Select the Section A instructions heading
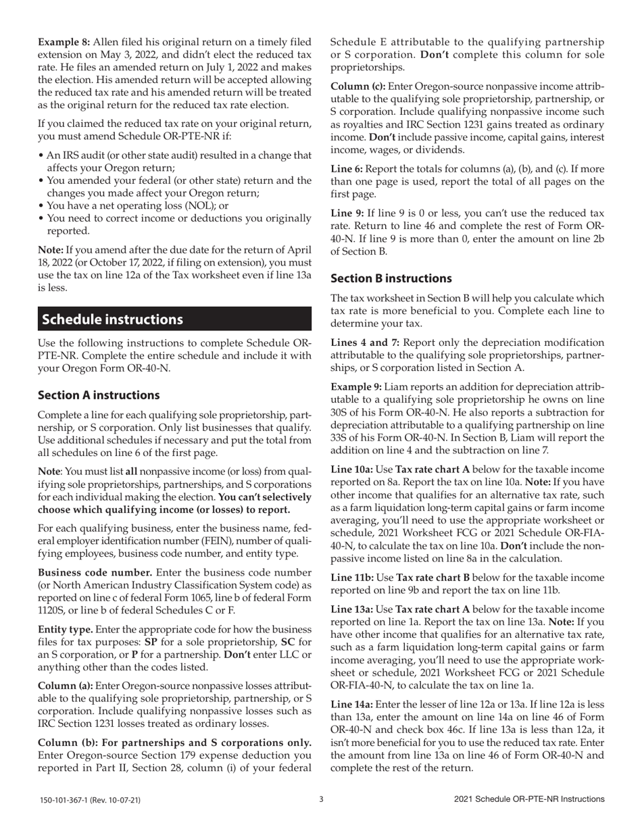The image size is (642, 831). [x=99, y=395]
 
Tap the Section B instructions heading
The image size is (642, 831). [x=391, y=278]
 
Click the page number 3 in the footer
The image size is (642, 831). [x=321, y=799]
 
